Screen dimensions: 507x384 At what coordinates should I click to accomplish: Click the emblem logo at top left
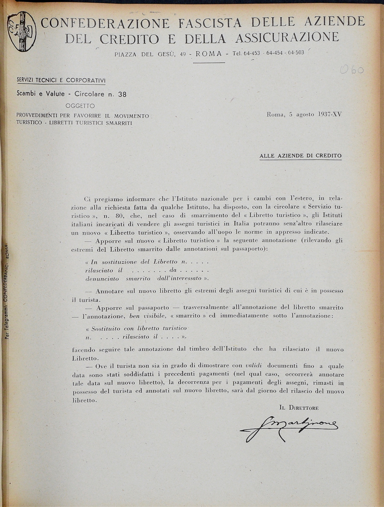point(22,31)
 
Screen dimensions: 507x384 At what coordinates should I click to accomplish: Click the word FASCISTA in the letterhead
point(210,23)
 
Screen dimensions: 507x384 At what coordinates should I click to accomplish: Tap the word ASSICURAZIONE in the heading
point(287,38)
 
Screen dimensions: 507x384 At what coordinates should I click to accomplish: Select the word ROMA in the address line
point(209,54)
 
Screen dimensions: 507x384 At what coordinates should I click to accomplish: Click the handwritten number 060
point(352,70)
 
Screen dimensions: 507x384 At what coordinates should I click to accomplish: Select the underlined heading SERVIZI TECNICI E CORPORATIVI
point(61,81)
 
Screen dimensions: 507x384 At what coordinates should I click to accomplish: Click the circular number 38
point(122,94)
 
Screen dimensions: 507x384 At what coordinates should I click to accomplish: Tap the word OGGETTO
point(80,106)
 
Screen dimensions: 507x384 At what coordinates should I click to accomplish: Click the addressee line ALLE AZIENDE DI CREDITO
point(301,156)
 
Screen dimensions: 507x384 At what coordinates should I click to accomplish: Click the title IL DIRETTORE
point(299,408)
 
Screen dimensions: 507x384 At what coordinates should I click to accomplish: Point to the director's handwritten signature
point(289,427)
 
